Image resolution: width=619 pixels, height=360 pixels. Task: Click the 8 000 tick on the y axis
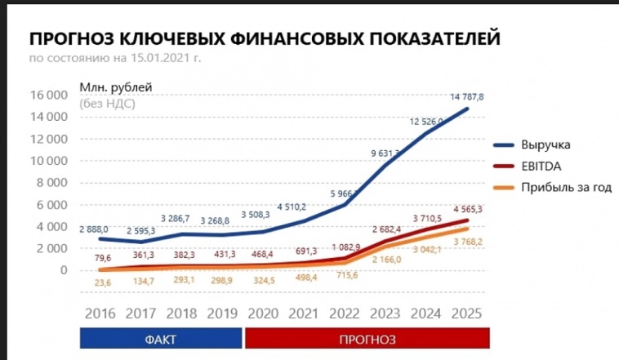pos(51,182)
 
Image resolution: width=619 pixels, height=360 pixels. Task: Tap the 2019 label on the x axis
pos(223,313)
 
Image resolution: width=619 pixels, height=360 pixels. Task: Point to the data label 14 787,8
pos(467,96)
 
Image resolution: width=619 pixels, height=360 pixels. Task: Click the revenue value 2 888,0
pos(94,229)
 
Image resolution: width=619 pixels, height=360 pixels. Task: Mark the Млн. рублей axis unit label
pos(116,87)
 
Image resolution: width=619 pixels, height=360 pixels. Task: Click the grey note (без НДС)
pos(108,104)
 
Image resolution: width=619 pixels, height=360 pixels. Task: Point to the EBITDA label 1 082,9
pos(347,246)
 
